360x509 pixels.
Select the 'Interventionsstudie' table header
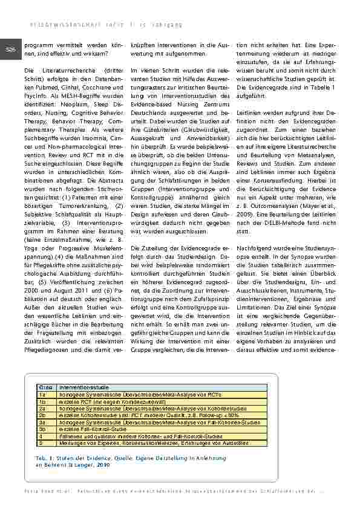point(80,386)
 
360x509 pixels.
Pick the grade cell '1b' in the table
point(42,401)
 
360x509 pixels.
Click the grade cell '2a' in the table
point(42,408)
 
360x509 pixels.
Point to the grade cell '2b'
point(42,415)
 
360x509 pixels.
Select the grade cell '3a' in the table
point(42,423)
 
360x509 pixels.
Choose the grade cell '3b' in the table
point(42,429)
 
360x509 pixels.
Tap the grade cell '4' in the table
point(41,436)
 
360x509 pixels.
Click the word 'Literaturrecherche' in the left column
point(62,79)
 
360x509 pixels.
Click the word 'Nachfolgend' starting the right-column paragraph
point(257,248)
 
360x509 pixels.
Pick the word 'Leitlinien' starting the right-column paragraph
point(252,114)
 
